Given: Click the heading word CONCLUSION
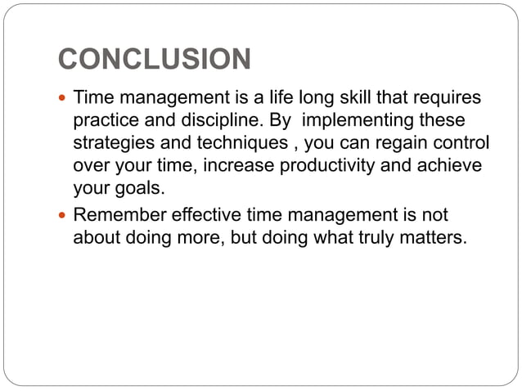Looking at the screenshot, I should tap(155, 60).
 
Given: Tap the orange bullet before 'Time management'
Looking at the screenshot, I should tap(62, 99).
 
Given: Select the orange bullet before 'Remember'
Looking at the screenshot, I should tap(62, 217).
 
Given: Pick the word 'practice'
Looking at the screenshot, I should tap(103, 121).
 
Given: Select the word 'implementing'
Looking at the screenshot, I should tap(351, 121).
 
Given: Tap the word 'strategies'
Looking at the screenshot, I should tap(109, 144).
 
